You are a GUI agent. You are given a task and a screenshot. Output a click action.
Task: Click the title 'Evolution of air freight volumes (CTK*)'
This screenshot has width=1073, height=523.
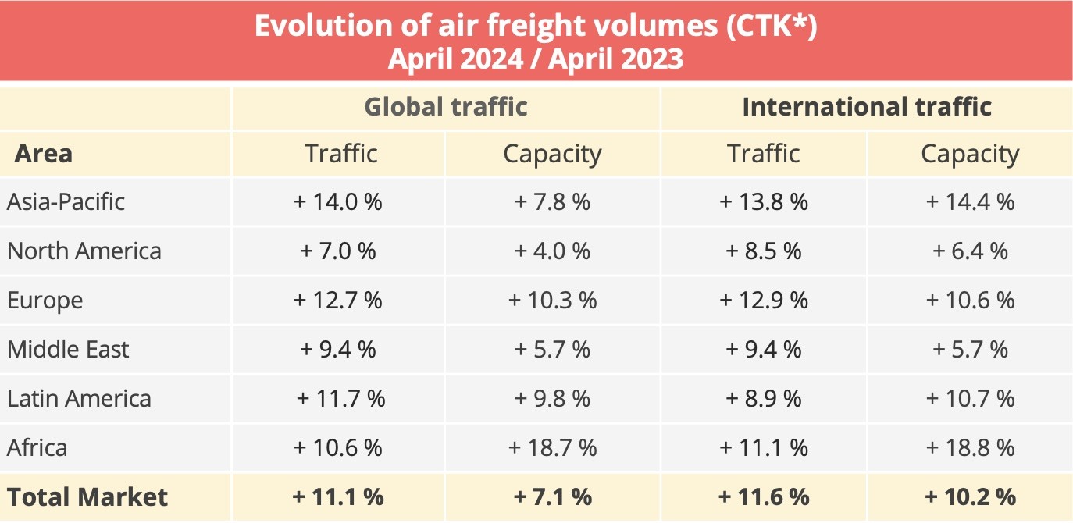[536, 25]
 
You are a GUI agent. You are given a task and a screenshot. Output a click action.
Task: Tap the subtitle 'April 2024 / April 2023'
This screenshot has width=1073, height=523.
[536, 59]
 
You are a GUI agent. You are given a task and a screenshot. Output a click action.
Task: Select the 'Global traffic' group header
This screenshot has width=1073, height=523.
[446, 106]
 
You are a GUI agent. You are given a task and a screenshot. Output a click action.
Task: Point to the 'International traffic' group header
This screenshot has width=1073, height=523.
[867, 106]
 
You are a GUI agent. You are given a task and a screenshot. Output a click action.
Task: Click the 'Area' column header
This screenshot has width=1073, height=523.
[44, 154]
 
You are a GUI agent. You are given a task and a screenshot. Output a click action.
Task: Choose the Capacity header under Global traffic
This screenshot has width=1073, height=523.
[552, 154]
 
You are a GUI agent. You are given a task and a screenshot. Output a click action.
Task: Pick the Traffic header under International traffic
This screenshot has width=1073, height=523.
[764, 154]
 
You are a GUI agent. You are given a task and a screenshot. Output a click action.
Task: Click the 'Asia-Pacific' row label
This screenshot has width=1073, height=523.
[66, 202]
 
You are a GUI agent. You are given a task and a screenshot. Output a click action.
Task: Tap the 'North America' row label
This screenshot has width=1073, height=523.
[84, 251]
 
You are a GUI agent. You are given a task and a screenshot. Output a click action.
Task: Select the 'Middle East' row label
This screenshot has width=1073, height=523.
[69, 349]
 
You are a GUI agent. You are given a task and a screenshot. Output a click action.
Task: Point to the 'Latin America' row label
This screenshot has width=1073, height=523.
[80, 398]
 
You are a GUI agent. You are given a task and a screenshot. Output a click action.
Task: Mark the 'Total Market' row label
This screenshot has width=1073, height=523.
[87, 496]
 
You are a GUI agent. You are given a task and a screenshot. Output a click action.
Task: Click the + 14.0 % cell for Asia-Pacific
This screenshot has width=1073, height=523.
[338, 202]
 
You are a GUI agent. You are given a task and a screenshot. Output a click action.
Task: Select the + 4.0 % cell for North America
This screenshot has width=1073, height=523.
[552, 251]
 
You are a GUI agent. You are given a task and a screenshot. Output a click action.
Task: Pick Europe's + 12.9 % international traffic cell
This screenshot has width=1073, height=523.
[764, 301]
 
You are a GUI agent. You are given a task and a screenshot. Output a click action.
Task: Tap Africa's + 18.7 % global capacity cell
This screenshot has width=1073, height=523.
[552, 447]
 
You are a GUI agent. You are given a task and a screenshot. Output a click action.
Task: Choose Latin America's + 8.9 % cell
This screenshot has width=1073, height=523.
[764, 398]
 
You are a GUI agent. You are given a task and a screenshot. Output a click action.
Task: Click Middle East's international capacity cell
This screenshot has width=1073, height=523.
[970, 349]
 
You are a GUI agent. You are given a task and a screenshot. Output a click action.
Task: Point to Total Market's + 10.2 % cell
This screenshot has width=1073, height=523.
[970, 496]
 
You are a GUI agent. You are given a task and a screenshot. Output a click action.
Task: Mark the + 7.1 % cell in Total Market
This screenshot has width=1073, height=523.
[552, 496]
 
